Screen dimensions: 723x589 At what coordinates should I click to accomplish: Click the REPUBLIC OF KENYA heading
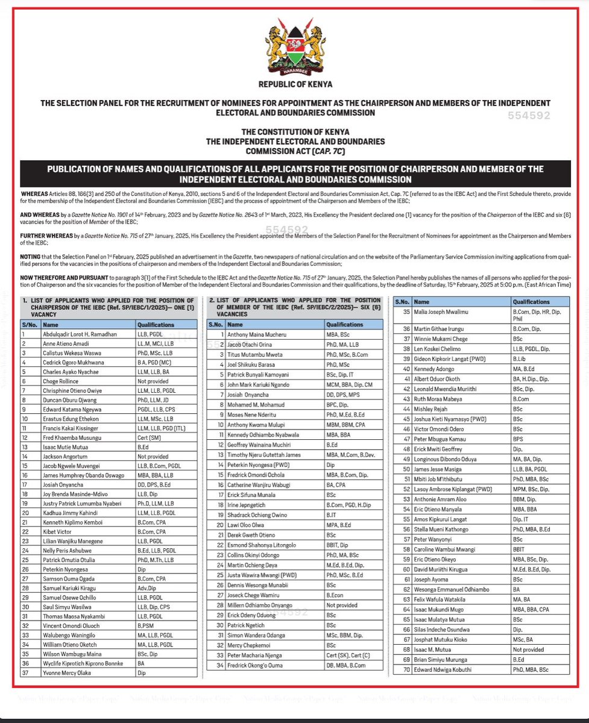tap(295, 84)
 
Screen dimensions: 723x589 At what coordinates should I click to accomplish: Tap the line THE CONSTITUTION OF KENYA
tap(295, 131)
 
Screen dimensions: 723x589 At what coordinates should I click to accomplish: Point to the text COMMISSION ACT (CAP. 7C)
tap(295, 151)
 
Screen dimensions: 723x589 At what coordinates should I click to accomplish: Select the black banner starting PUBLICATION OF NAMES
tap(295, 174)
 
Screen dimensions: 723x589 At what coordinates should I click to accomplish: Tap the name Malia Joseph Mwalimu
tap(442, 311)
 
